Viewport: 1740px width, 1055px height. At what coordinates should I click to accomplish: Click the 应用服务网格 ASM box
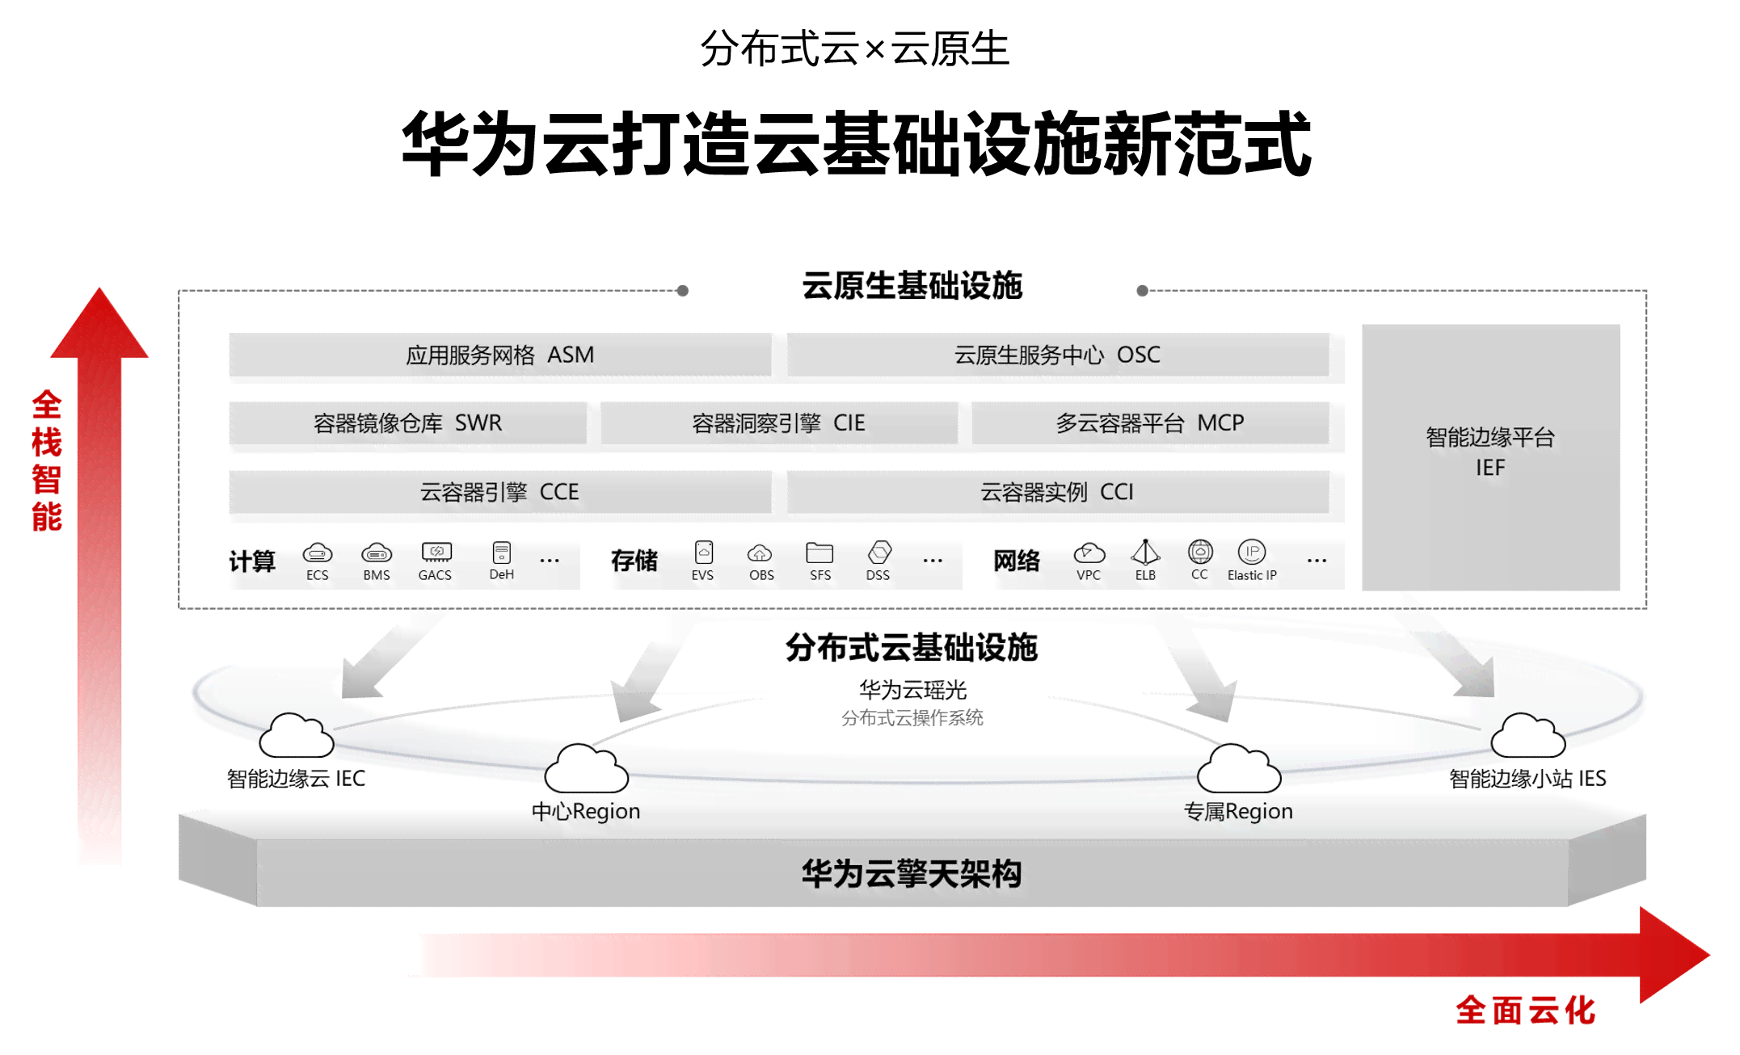pyautogui.click(x=499, y=355)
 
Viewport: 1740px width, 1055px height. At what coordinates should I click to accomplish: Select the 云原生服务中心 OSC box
pyautogui.click(x=1057, y=355)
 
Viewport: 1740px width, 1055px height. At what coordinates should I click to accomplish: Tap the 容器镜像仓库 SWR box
pyautogui.click(x=407, y=422)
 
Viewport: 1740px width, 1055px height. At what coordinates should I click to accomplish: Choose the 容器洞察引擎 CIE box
pyautogui.click(x=778, y=422)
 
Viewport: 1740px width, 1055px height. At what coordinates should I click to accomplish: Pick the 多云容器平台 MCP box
pyautogui.click(x=1149, y=422)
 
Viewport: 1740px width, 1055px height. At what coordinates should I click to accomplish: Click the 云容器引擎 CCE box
pyautogui.click(x=499, y=492)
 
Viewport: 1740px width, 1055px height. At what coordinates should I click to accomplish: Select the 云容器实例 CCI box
pyautogui.click(x=1057, y=492)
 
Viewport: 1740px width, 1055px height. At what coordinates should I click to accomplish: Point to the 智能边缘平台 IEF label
pyautogui.click(x=1490, y=452)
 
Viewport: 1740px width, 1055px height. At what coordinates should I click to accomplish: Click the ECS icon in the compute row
pyautogui.click(x=317, y=553)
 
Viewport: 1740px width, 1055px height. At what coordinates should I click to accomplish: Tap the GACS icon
pyautogui.click(x=436, y=553)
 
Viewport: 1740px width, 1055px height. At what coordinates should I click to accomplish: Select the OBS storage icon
pyautogui.click(x=760, y=553)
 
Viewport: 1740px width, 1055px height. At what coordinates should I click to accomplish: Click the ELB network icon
pyautogui.click(x=1145, y=553)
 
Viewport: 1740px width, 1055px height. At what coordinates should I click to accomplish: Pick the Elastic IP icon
pyautogui.click(x=1252, y=552)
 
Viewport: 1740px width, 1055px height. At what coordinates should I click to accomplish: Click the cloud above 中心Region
pyautogui.click(x=586, y=768)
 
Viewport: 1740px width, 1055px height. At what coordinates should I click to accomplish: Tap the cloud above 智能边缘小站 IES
pyautogui.click(x=1527, y=736)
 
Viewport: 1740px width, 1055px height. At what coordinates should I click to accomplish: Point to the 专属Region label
pyautogui.click(x=1238, y=811)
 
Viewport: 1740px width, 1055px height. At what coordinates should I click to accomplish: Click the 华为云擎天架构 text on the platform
pyautogui.click(x=912, y=874)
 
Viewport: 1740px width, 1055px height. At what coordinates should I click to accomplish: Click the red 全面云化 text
pyautogui.click(x=1525, y=1011)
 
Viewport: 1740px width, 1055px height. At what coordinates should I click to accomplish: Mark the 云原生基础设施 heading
pyautogui.click(x=912, y=286)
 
